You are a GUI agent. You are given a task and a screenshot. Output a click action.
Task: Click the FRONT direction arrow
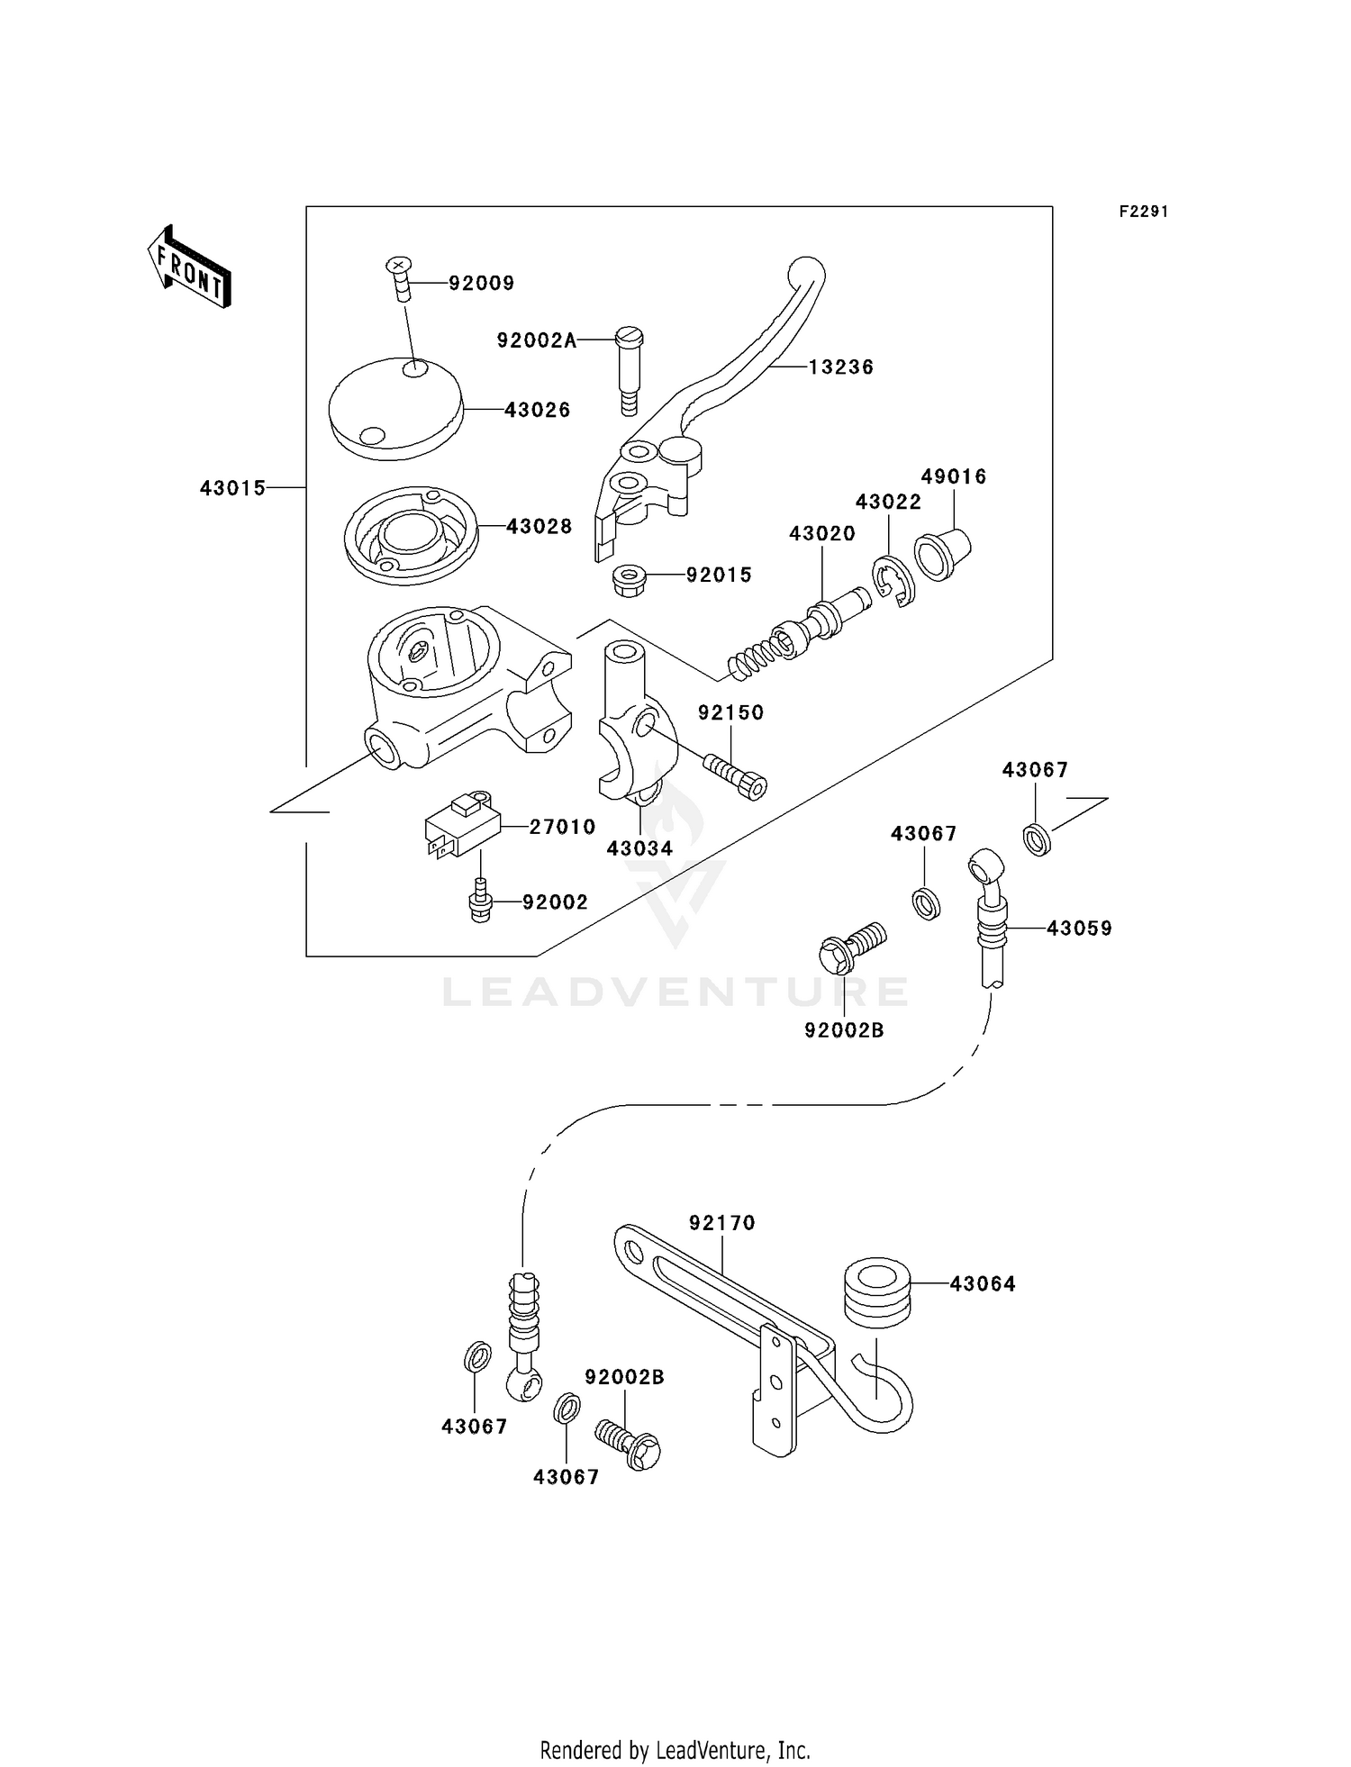[190, 267]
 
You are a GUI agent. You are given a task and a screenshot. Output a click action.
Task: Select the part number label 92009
[482, 284]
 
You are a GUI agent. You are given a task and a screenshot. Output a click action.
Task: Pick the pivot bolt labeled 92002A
[629, 370]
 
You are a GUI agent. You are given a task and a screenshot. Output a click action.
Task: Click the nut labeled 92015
[629, 580]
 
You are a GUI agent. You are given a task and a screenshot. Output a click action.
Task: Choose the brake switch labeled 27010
[463, 825]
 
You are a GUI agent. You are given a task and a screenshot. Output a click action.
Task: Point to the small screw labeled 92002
[481, 900]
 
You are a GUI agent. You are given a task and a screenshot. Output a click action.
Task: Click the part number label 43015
[233, 488]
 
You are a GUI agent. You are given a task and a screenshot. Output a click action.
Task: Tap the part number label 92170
[722, 1223]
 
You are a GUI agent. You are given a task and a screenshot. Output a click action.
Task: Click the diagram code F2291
[1144, 212]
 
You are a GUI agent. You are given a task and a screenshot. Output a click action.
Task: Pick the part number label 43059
[1079, 929]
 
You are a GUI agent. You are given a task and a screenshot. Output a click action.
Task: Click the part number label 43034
[639, 848]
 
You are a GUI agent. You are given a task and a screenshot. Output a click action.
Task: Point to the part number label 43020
[822, 533]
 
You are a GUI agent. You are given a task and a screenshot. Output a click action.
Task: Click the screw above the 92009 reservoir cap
[398, 278]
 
